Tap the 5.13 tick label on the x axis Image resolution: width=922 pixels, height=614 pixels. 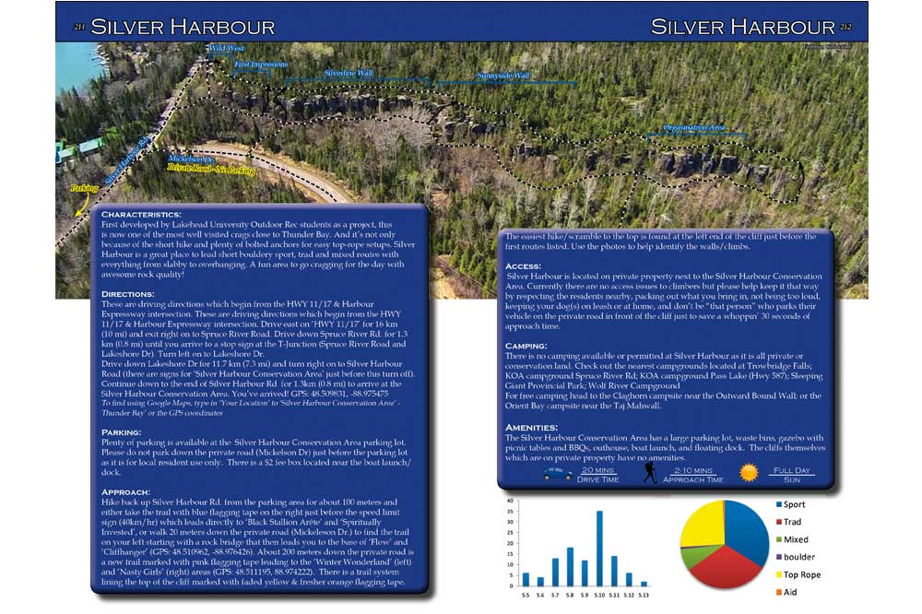tap(644, 595)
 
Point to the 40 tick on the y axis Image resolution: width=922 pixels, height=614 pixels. tap(510, 501)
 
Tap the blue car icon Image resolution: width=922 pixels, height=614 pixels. tap(558, 474)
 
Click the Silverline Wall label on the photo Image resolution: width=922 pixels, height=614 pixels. tap(349, 72)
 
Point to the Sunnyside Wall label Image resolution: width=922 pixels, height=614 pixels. tap(502, 76)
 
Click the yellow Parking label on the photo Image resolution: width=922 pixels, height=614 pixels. tap(83, 189)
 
